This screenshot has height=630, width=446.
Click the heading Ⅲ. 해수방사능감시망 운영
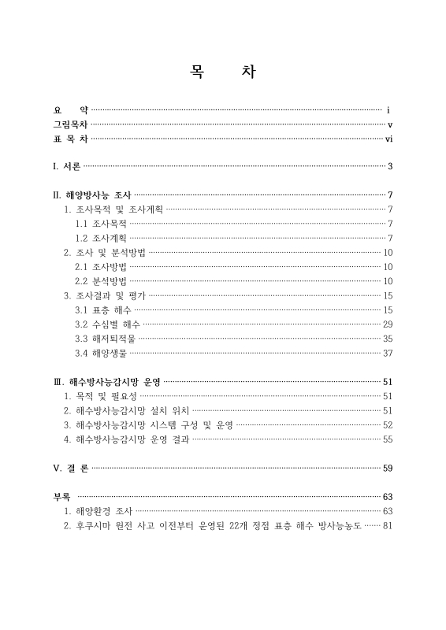click(106, 382)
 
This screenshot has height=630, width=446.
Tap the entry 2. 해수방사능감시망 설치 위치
click(126, 411)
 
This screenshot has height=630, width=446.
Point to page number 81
click(386, 526)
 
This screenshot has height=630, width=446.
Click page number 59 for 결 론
click(387, 469)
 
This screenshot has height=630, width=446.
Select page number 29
click(387, 324)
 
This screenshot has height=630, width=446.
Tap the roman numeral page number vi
click(388, 139)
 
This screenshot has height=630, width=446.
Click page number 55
click(387, 439)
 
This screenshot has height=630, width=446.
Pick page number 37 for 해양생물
click(387, 353)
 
